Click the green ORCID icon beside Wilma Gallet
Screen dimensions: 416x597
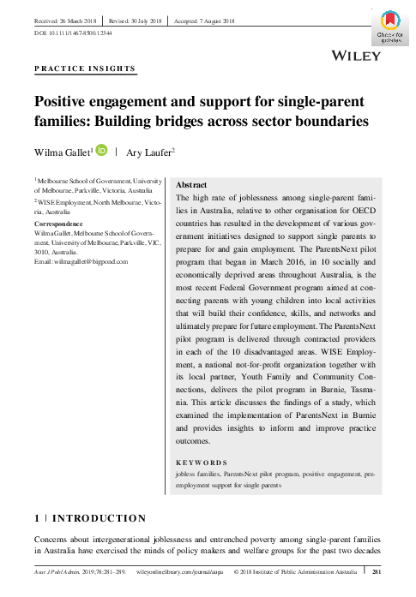[101, 152]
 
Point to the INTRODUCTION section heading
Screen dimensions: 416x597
[101, 518]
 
